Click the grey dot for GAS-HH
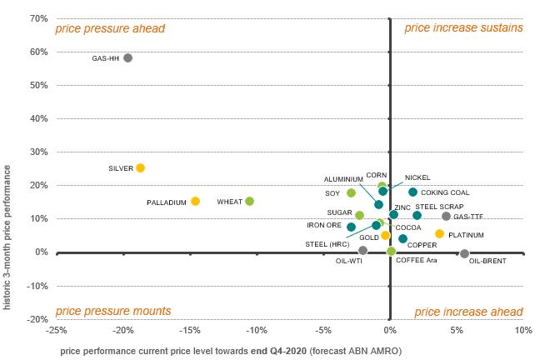pos(127,57)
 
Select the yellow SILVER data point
pos(140,167)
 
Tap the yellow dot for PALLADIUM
pos(195,201)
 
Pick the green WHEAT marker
pos(249,201)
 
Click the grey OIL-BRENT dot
pos(464,253)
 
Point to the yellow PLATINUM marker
pos(439,233)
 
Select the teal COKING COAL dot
pos(412,192)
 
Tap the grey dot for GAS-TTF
pos(446,216)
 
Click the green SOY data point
pos(351,192)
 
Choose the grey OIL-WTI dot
pos(362,250)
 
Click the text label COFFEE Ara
pos(416,261)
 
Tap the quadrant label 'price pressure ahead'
pos(110,28)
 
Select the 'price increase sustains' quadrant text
pos(463,28)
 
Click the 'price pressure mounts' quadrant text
pos(112,312)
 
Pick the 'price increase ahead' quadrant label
pos(468,312)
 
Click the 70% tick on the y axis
pos(37,18)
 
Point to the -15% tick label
pos(189,330)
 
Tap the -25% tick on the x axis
pos(56,330)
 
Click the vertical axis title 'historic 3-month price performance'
pos(7,237)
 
